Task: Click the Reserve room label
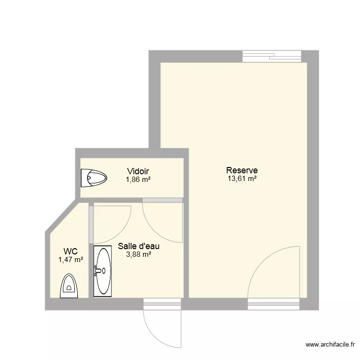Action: point(242,170)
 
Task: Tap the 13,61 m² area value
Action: point(242,179)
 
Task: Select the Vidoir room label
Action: point(138,171)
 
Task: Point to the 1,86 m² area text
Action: point(138,180)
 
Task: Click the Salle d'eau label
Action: point(139,246)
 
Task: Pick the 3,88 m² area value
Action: point(139,254)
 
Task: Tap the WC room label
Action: point(71,252)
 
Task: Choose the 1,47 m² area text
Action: point(71,260)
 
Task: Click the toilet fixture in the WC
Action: point(69,286)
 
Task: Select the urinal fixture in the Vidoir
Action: point(94,178)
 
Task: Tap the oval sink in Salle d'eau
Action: point(103,271)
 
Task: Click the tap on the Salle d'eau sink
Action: point(98,271)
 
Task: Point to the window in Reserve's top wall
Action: point(272,56)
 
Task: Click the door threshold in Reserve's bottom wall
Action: point(274,304)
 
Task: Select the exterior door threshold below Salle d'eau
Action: point(162,304)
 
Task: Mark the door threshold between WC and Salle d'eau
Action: point(91,225)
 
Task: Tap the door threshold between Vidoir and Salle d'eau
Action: point(163,200)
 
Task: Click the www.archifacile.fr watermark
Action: point(330,344)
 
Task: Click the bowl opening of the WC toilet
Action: point(69,288)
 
